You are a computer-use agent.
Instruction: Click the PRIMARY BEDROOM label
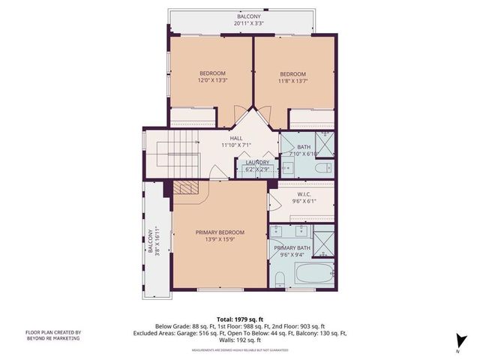click(220, 232)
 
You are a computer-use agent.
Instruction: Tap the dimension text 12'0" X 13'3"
click(212, 80)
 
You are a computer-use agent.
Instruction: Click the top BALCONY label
click(248, 16)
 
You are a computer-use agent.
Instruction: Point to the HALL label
click(235, 139)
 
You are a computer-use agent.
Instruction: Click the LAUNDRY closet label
click(257, 163)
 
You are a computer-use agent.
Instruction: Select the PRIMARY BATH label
click(292, 248)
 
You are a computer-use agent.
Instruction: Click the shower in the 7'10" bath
click(326, 142)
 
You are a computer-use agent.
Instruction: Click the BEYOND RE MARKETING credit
click(53, 339)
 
